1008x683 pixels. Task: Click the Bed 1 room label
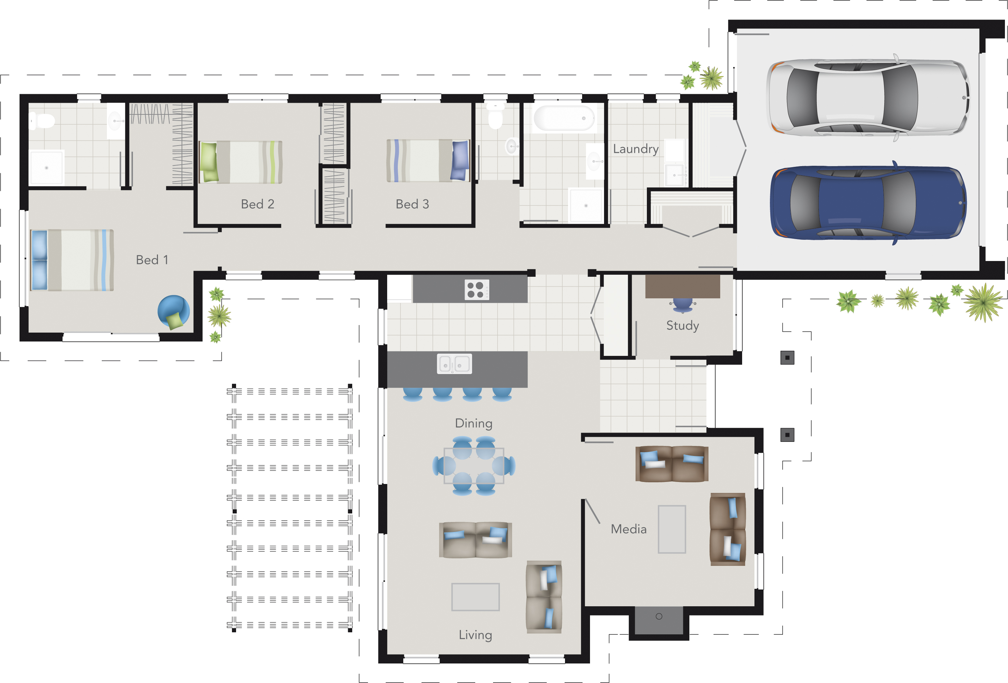[x=152, y=260]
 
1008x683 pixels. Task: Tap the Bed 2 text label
[x=257, y=204]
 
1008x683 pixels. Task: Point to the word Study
[x=682, y=325]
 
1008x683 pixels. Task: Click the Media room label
[x=628, y=529]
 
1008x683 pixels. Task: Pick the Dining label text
[x=474, y=423]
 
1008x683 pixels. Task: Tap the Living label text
[x=475, y=635]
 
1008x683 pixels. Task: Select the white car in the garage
[x=868, y=97]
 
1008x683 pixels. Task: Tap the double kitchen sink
[x=454, y=364]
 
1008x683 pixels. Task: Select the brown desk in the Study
[x=682, y=287]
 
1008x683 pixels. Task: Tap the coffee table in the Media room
[x=672, y=529]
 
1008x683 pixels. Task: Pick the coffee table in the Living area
[x=475, y=597]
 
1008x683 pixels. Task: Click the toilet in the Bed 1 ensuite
[x=44, y=121]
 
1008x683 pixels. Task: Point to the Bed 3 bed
[x=428, y=160]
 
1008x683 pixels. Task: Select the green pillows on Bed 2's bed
[x=209, y=162]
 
